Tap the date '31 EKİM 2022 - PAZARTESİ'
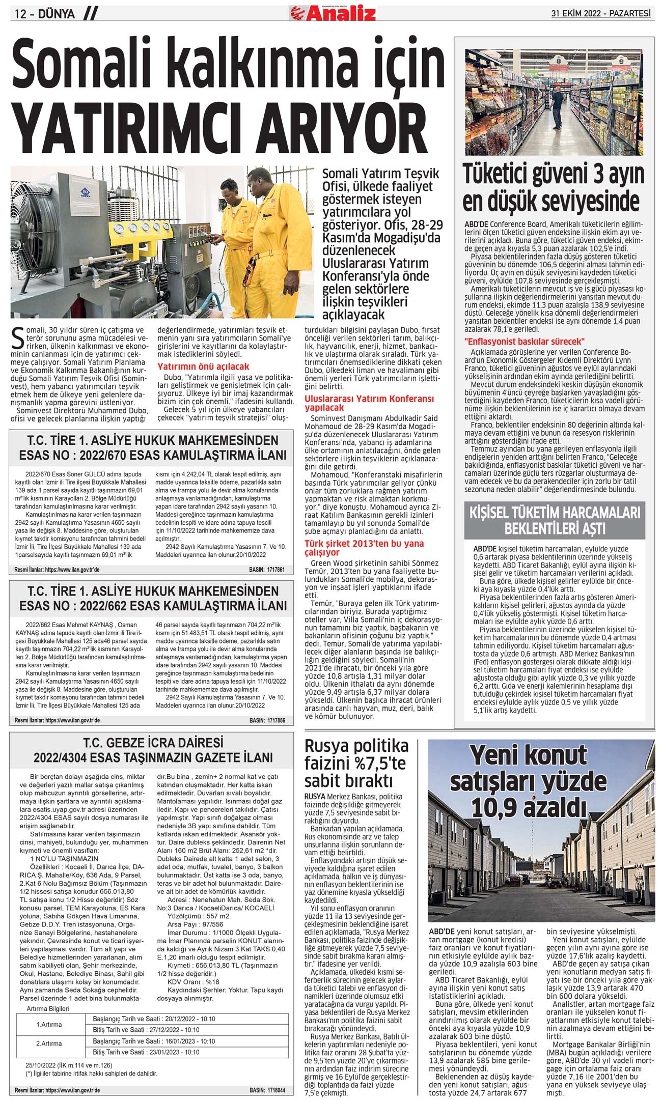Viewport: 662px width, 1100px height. coord(601,14)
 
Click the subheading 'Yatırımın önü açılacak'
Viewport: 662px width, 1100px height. coord(203,366)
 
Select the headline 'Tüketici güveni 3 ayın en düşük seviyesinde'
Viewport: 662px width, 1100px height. coord(553,187)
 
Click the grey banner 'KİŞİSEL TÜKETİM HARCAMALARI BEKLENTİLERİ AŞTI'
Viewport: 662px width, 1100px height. coord(555,520)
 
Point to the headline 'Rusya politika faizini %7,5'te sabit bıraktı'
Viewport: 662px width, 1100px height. coord(356,763)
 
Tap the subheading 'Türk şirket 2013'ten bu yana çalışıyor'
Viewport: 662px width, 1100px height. coord(364,548)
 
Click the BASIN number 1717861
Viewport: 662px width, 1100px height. coord(267,570)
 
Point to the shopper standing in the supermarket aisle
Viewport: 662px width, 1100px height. coord(559,107)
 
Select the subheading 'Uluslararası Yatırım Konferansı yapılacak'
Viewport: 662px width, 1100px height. coord(369,403)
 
